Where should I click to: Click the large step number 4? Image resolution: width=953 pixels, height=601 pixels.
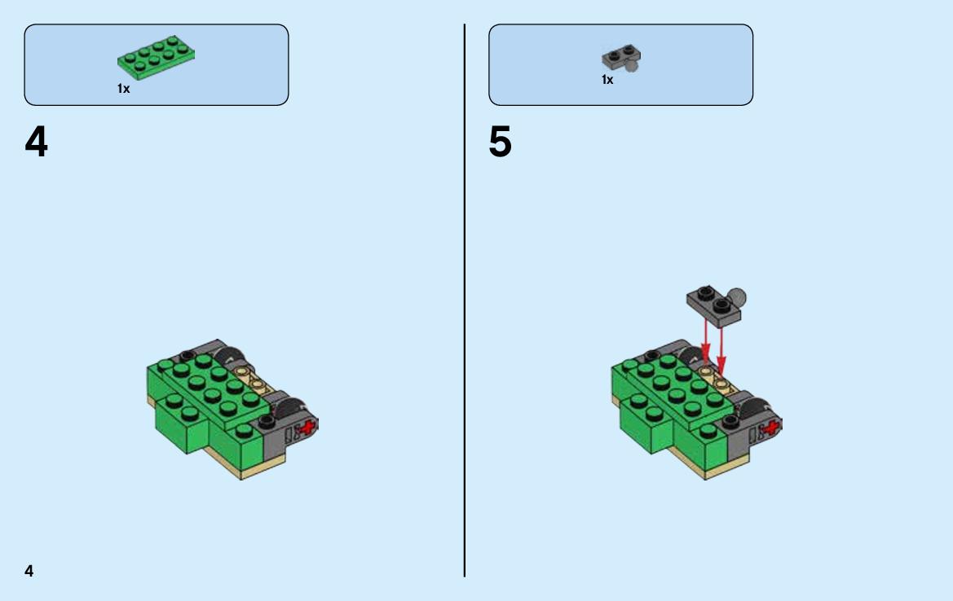click(x=37, y=142)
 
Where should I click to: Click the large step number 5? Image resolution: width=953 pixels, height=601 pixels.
click(x=501, y=142)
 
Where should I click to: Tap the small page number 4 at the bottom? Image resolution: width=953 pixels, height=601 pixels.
click(x=29, y=571)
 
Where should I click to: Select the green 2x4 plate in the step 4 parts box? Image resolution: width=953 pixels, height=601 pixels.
click(x=157, y=57)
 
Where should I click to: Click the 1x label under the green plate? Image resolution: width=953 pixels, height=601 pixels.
click(x=123, y=89)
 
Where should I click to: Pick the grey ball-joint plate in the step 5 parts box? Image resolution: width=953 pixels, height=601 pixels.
click(x=621, y=58)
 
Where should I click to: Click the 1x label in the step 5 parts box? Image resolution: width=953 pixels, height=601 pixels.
click(x=607, y=80)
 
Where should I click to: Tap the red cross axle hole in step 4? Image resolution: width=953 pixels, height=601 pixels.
click(x=308, y=428)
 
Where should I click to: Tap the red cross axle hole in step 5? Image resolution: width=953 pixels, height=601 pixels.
click(x=772, y=428)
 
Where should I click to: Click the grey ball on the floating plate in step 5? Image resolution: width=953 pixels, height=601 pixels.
click(x=737, y=297)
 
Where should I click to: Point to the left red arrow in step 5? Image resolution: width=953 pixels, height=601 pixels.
click(x=706, y=340)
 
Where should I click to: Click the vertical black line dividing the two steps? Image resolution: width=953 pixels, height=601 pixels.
click(x=465, y=300)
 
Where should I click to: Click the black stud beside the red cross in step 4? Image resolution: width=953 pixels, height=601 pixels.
click(x=267, y=421)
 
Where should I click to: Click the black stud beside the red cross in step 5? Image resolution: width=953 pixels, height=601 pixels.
click(x=730, y=421)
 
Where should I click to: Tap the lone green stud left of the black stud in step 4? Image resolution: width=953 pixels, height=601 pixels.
click(x=245, y=431)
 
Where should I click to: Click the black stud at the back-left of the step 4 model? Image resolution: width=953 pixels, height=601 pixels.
click(x=188, y=354)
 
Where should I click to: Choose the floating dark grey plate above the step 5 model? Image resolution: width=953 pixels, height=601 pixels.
click(x=713, y=306)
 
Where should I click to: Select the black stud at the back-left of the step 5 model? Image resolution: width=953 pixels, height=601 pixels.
click(x=651, y=354)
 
